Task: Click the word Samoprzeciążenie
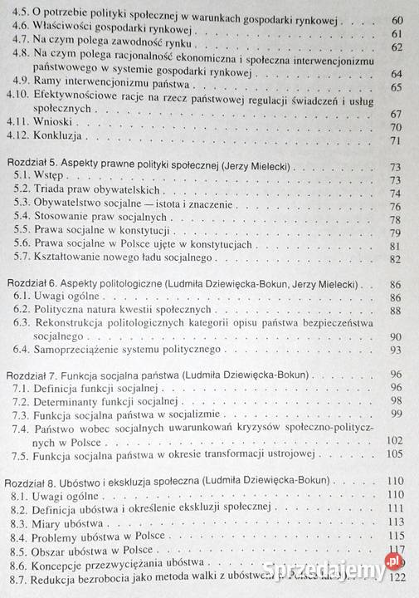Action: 82,350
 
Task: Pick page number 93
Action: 395,350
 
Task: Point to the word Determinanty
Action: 71,401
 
